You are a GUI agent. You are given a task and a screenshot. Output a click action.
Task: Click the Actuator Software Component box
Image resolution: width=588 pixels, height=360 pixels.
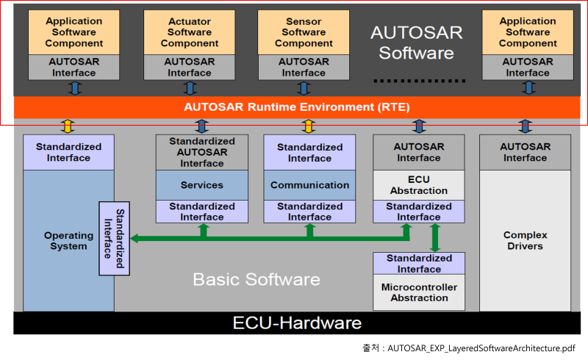tap(190, 32)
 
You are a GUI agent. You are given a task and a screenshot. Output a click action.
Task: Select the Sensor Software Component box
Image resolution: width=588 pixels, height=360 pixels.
tap(304, 32)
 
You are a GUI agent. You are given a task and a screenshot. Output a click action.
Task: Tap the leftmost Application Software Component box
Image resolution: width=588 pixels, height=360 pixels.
tap(74, 32)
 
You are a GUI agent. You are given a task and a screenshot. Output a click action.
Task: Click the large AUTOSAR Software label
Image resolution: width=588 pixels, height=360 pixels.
tap(412, 43)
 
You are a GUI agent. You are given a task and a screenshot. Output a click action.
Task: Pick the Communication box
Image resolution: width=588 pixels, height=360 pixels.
tap(309, 185)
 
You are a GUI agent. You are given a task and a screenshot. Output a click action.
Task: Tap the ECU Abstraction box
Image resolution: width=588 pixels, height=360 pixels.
tap(419, 185)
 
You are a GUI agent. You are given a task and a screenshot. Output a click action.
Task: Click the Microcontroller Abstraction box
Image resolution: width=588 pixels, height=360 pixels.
tap(419, 292)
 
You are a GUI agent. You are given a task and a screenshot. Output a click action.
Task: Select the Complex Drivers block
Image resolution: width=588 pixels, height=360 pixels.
tap(525, 241)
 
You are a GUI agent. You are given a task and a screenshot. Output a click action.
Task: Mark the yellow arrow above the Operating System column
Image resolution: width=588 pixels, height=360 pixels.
tap(67, 126)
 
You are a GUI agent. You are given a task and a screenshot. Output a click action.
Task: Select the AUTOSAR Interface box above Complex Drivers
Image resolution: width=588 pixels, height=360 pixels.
tap(525, 152)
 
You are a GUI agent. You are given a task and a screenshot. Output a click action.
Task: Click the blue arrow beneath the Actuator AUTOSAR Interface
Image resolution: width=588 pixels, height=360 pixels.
tap(190, 88)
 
